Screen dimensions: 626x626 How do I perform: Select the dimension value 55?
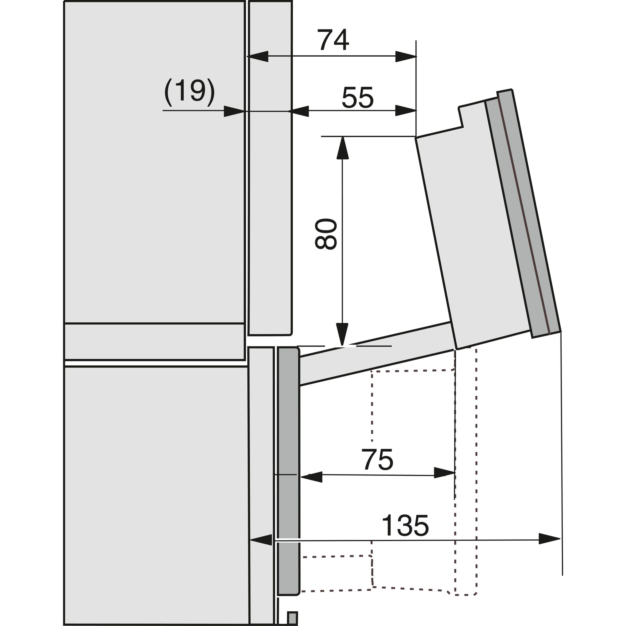point(357,97)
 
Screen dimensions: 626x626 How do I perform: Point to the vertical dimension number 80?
point(326,233)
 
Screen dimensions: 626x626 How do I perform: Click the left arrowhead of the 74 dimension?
point(258,56)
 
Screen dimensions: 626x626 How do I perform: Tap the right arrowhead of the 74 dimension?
point(406,56)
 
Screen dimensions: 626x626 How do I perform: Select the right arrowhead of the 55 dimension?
point(406,111)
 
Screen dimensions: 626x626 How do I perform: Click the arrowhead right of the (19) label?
point(234,111)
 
